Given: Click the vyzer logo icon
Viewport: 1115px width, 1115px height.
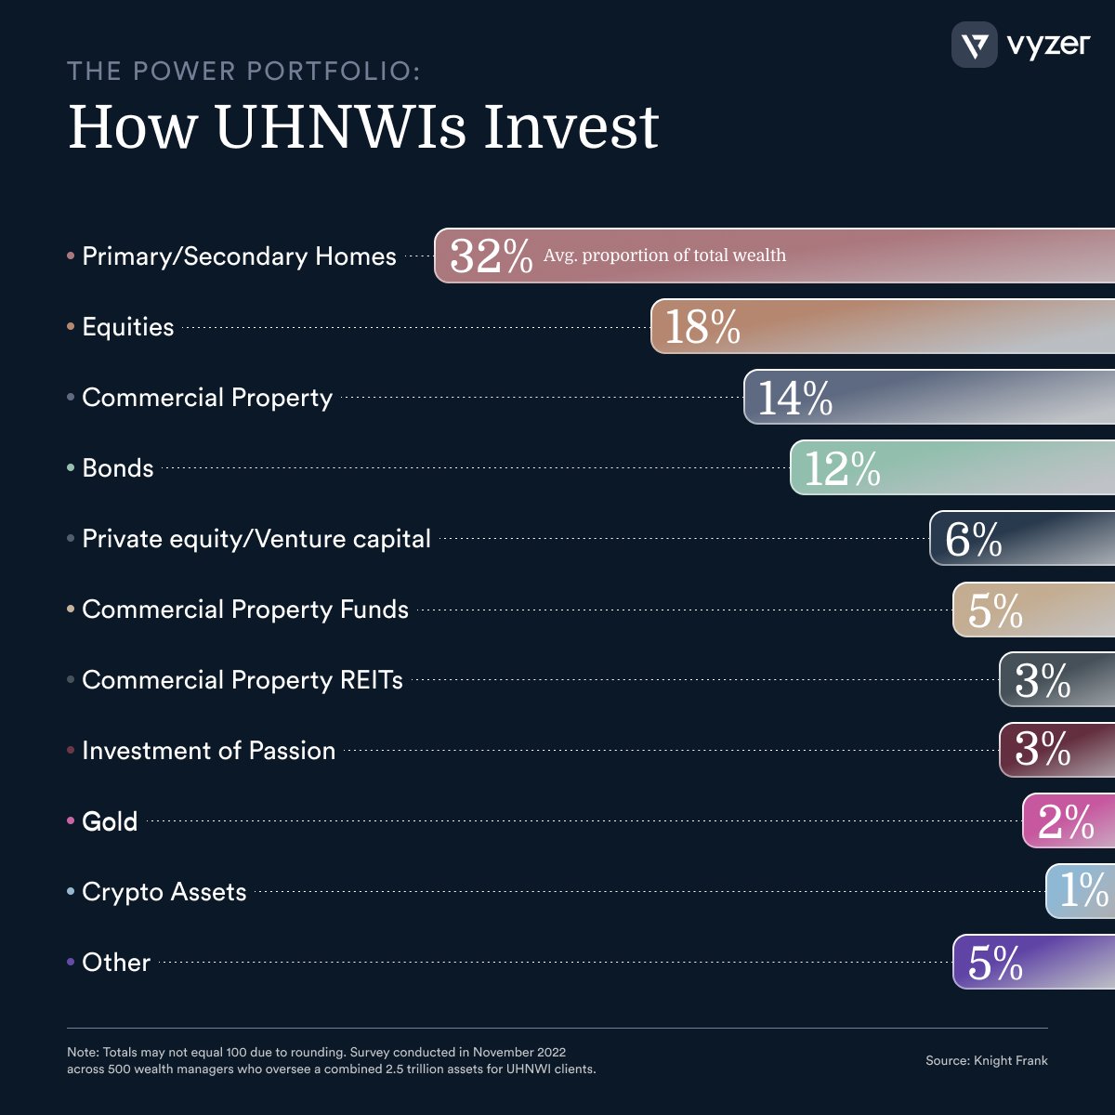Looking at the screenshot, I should (x=974, y=45).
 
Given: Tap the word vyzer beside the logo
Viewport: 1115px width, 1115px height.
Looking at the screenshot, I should (x=1048, y=45).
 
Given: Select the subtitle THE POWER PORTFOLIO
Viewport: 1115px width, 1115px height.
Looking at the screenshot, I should (x=243, y=72).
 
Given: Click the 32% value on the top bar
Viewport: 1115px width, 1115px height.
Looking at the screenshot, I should (x=491, y=256).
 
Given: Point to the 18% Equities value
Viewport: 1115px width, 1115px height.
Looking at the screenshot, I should (x=702, y=327).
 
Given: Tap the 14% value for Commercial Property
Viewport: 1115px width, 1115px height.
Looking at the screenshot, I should (x=795, y=398).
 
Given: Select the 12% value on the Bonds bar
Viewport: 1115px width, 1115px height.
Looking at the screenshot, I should (x=842, y=468).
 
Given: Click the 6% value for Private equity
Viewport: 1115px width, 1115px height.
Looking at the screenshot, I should (x=973, y=539).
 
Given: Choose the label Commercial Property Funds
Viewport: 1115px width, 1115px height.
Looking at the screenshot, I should (x=245, y=610).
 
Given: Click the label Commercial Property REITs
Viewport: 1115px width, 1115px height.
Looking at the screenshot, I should (x=243, y=680).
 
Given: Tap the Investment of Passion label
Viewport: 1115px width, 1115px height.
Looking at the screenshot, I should (x=209, y=751).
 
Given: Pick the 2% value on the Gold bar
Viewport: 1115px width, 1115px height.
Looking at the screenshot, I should (x=1066, y=821).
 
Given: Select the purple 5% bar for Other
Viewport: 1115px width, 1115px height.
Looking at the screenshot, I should (x=1031, y=962).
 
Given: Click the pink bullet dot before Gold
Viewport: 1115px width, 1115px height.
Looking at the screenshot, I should (x=71, y=820).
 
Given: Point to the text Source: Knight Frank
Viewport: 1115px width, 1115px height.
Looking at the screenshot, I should (x=986, y=1060).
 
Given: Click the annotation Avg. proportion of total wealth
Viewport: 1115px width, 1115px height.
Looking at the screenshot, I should (x=664, y=256).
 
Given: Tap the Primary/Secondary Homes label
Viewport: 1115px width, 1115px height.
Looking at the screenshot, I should (x=239, y=256).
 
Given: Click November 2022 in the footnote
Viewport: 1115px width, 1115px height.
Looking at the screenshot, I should (x=518, y=1052).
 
